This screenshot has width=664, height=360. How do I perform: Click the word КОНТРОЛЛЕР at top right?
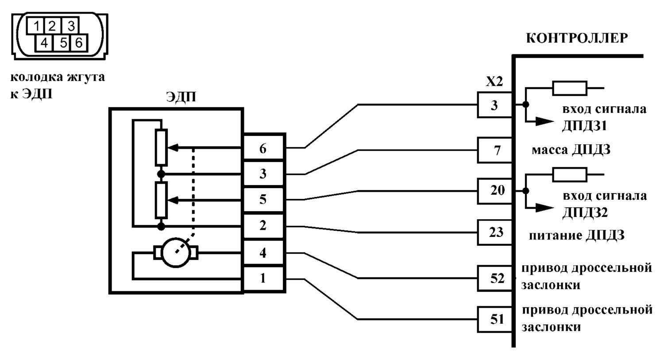(577, 38)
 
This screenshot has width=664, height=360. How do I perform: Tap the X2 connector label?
(494, 81)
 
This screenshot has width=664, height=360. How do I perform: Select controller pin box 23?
(495, 232)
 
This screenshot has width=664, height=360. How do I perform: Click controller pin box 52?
(495, 278)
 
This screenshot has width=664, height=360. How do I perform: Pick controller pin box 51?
(495, 319)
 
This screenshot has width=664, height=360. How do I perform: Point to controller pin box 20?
(495, 191)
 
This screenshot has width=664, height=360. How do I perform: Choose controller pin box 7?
(495, 150)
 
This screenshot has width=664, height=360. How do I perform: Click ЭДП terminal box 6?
(263, 148)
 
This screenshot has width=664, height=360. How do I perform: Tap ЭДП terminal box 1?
(263, 279)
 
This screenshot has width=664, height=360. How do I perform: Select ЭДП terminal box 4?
(263, 253)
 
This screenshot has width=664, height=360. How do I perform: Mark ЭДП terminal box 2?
(263, 226)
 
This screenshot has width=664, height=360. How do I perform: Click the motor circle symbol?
(176, 253)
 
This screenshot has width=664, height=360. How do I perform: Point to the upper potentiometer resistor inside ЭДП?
(161, 147)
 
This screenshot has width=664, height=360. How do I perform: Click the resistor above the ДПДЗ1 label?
(569, 88)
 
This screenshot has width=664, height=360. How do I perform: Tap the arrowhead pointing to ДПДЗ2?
(544, 208)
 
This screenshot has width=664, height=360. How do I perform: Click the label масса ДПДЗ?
(571, 150)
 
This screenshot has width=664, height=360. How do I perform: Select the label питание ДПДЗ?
(576, 236)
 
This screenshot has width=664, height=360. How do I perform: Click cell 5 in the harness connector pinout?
(62, 43)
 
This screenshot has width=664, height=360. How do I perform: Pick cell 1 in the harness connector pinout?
(35, 26)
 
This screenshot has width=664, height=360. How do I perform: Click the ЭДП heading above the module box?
(181, 97)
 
